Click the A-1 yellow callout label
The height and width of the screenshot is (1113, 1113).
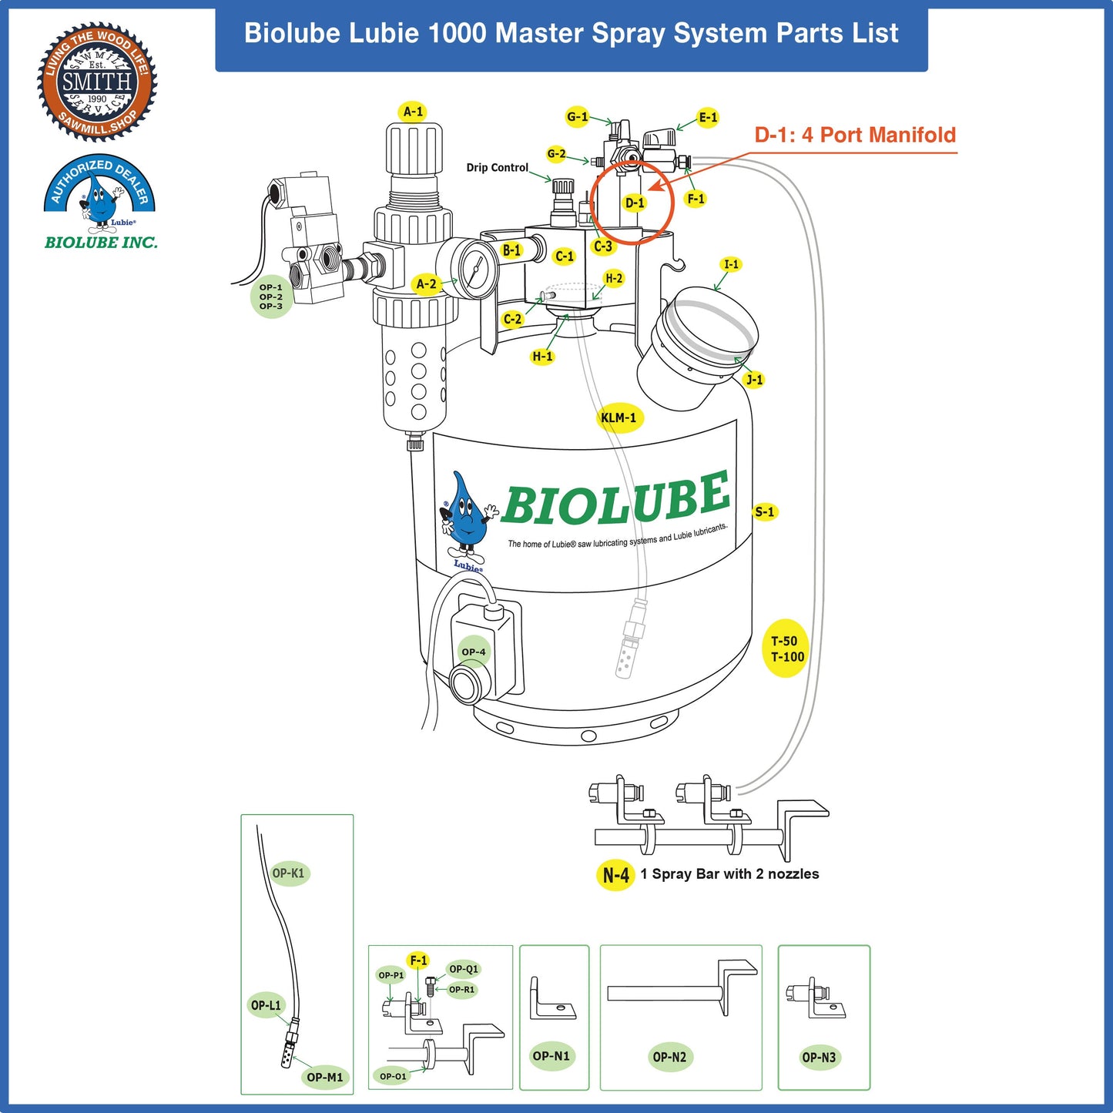coord(414,112)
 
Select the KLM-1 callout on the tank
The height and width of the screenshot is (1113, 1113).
coord(619,418)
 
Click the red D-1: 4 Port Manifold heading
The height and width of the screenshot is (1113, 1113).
coord(855,136)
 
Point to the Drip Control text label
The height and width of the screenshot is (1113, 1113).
coord(497,168)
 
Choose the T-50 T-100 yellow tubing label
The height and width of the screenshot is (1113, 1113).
coord(786,649)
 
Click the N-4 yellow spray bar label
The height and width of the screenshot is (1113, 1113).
coord(615,875)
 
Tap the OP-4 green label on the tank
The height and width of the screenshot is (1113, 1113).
coord(474,652)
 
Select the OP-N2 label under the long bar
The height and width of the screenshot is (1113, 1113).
coord(669,1057)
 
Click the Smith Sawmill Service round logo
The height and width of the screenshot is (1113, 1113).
coord(97,82)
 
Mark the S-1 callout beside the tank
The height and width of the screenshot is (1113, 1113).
coord(765,512)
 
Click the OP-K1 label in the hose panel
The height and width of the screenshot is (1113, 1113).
coord(289,873)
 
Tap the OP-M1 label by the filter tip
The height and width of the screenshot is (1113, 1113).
coord(324,1077)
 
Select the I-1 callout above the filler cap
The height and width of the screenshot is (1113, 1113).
coord(731,265)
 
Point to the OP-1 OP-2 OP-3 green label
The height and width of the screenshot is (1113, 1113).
coord(271,297)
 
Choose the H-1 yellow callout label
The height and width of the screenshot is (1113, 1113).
coord(542,357)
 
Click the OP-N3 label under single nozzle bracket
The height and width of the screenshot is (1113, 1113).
coord(818,1058)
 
